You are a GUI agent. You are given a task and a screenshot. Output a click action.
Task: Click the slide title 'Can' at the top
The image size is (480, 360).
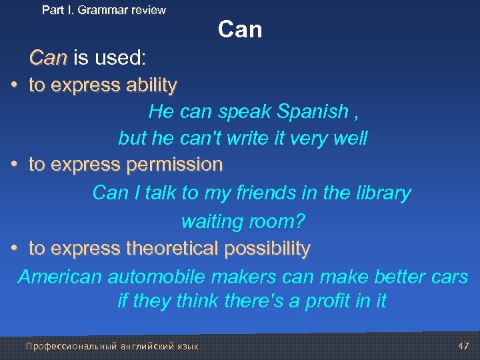pyautogui.click(x=240, y=30)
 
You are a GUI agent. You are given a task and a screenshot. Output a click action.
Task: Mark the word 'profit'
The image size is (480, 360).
pyautogui.click(x=328, y=301)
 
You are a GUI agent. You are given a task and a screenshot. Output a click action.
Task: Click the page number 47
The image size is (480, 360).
pyautogui.click(x=464, y=346)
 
